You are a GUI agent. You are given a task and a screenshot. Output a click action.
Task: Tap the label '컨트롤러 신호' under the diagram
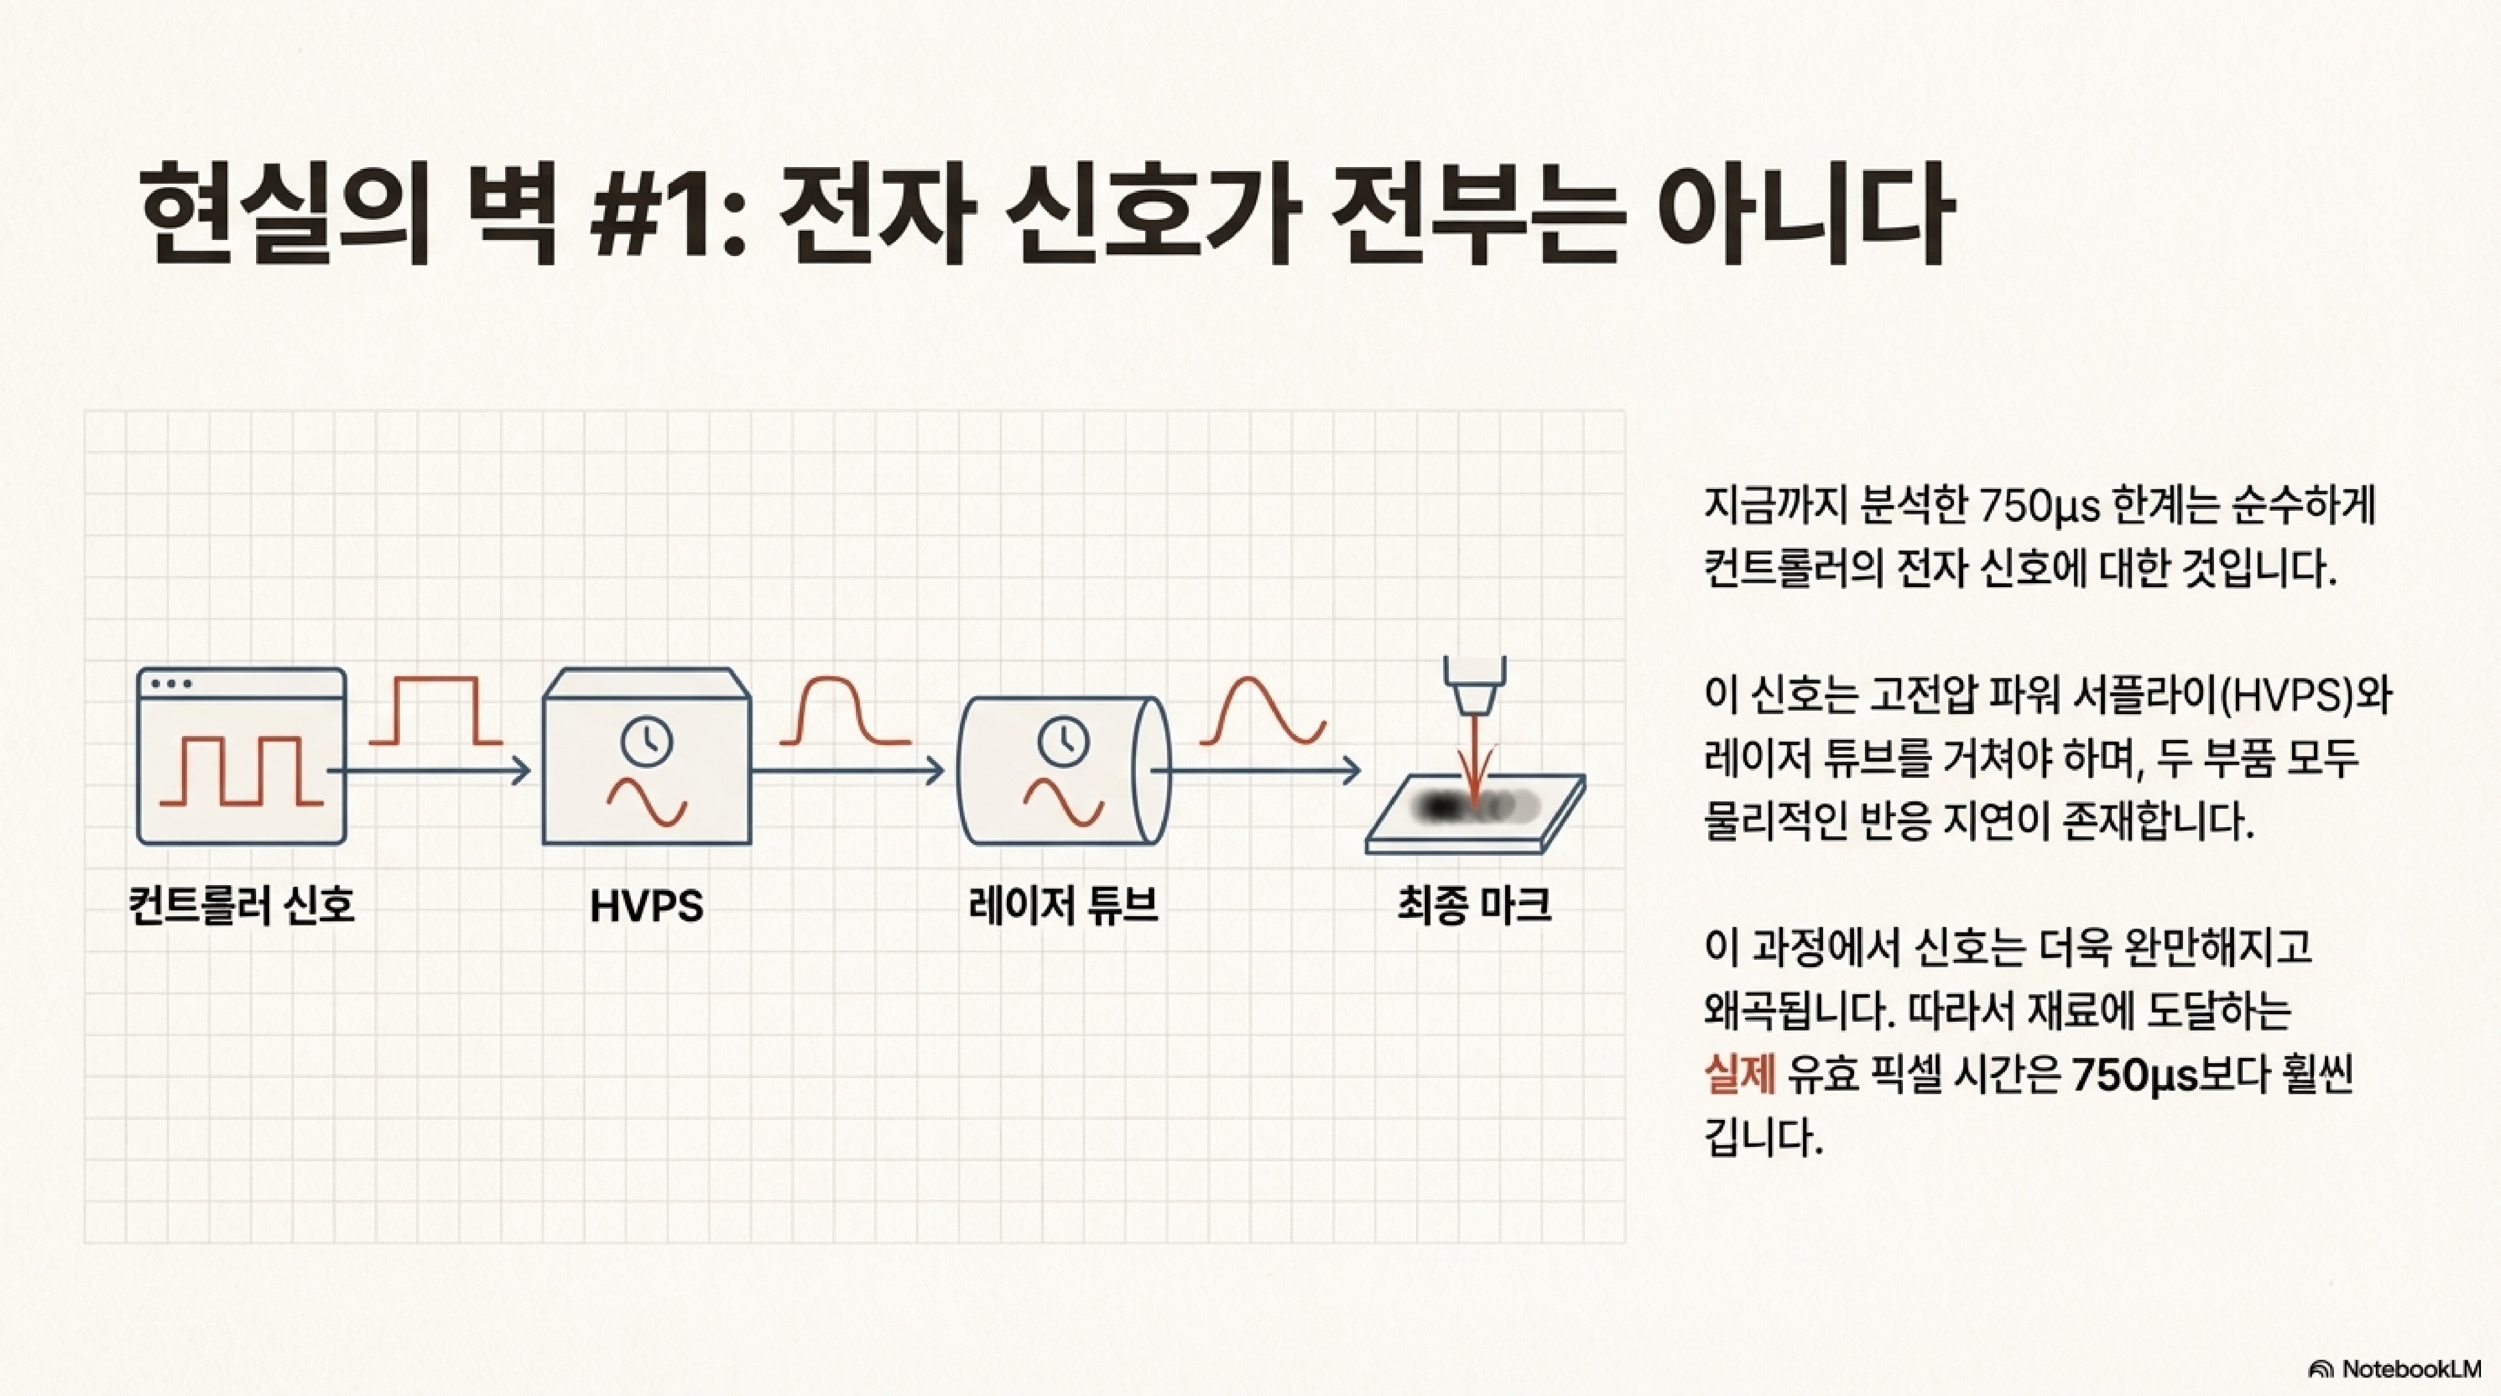(x=242, y=905)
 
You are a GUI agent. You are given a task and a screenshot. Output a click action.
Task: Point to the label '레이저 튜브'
(x=1063, y=905)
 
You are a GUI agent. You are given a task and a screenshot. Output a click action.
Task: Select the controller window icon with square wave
(x=242, y=755)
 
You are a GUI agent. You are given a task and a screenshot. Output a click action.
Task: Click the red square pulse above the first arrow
(x=436, y=712)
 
